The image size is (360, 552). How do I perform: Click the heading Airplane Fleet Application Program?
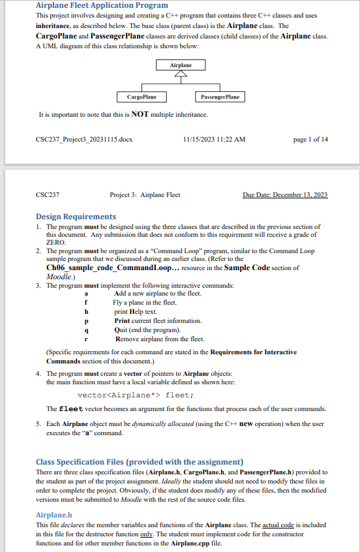point(102,5)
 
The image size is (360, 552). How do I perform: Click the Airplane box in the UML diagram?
point(181,65)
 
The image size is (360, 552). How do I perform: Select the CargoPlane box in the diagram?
point(142,97)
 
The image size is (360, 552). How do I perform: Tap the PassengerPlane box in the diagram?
point(219,97)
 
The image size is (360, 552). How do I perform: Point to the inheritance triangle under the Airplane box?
point(181,74)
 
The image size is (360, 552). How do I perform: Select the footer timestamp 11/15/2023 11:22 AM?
point(215,139)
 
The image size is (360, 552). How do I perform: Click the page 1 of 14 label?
point(311,139)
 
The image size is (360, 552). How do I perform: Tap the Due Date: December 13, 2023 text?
point(285,194)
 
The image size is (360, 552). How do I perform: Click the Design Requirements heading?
point(76,217)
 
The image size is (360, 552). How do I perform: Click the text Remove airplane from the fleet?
point(160,339)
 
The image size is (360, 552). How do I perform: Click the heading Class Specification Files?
point(140,462)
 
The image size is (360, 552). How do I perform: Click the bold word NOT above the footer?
point(141,115)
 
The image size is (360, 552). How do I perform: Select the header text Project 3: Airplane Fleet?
point(145,194)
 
